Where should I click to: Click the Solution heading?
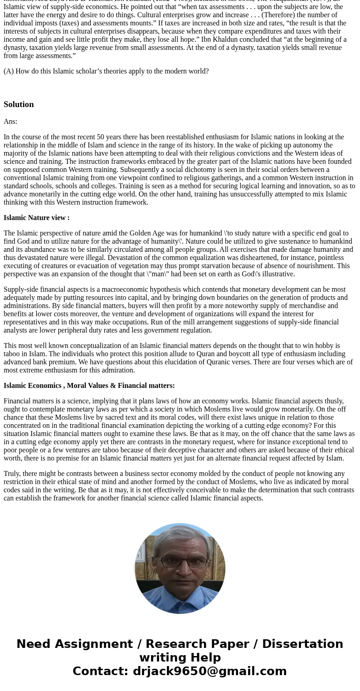point(19,104)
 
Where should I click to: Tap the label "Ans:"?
point(10,122)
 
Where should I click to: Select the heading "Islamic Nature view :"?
point(36,218)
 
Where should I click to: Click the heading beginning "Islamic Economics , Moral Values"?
point(89,386)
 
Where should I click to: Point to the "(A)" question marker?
point(9,71)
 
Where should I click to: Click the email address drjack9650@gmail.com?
point(209,671)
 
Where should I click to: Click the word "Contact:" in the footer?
point(100,671)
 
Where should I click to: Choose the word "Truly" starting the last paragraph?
point(12,474)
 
